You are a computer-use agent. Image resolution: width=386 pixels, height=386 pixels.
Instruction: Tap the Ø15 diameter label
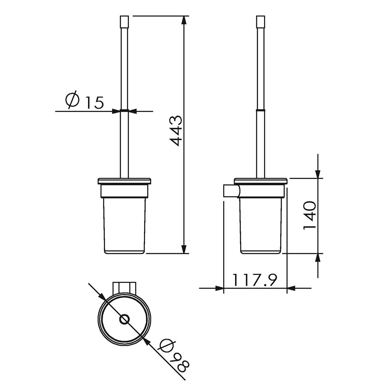85,101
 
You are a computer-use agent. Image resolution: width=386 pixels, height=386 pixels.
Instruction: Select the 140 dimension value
310,215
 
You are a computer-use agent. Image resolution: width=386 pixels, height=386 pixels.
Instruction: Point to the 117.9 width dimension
255,280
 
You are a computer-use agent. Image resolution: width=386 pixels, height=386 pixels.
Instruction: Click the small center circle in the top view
124,320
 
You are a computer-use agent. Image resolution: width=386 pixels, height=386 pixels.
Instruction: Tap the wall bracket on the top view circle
124,287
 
